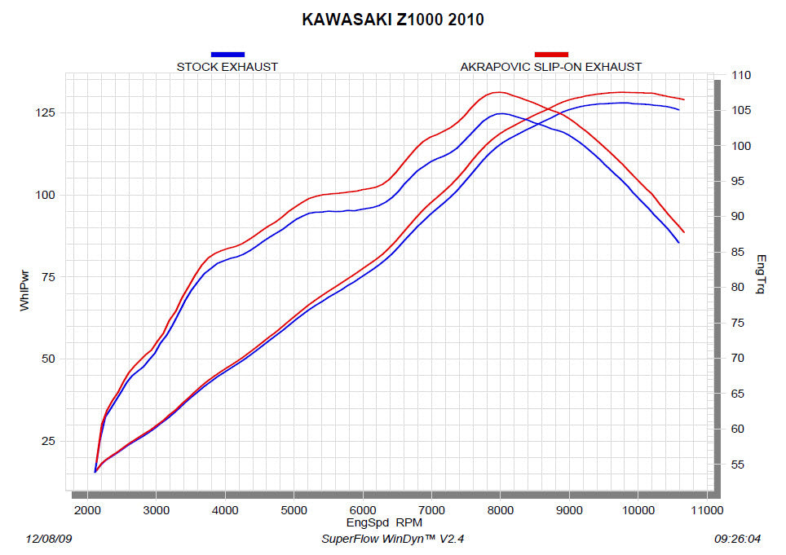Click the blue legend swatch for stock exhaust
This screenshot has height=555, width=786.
pos(227,54)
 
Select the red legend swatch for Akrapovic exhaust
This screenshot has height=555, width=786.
pos(551,54)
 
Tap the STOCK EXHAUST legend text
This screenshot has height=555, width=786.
pos(227,67)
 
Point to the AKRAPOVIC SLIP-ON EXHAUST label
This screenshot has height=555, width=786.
pos(551,67)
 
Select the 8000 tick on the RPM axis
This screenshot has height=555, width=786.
pos(500,511)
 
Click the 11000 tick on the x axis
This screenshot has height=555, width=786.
pos(706,511)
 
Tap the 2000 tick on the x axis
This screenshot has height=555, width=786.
pos(87,511)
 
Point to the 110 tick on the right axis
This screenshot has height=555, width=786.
pos(741,76)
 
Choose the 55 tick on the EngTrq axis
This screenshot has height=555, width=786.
pos(738,465)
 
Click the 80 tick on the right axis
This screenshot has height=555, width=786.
pos(738,288)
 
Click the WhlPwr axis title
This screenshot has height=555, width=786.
pos(24,292)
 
